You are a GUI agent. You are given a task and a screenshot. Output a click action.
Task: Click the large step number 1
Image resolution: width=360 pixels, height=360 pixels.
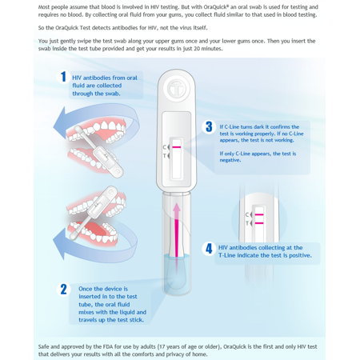click(63, 77)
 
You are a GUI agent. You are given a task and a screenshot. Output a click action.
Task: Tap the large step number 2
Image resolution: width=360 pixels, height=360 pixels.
click(64, 289)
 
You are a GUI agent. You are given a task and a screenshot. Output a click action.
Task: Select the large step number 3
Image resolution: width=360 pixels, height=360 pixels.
click(210, 126)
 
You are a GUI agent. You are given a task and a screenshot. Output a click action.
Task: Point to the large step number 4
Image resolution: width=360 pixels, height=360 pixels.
click(209, 248)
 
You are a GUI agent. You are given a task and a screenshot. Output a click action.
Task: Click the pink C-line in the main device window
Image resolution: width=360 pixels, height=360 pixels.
click(177, 147)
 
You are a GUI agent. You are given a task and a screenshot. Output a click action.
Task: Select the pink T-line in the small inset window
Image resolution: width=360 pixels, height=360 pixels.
click(258, 223)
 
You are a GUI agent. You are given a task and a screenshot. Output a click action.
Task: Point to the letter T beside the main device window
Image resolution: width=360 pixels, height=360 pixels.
click(166, 155)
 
